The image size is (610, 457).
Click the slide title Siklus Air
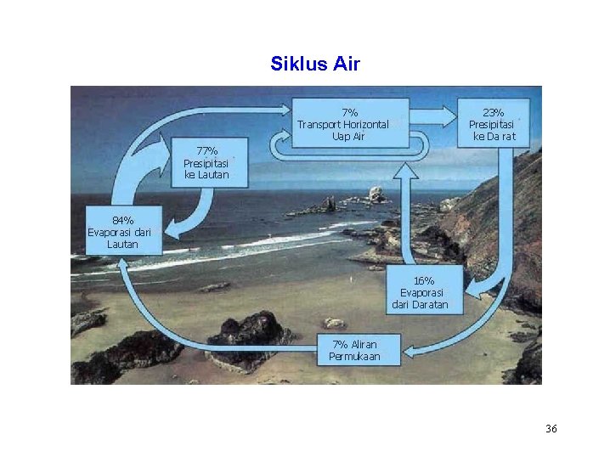click(x=315, y=64)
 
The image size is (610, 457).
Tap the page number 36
click(x=551, y=429)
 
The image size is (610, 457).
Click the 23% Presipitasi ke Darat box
click(x=493, y=124)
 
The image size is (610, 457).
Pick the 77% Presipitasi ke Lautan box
click(x=206, y=162)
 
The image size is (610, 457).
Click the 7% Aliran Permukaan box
click(x=354, y=350)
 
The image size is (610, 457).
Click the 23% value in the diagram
click(x=493, y=112)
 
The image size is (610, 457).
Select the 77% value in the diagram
click(x=206, y=150)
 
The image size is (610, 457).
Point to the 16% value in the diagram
click(x=424, y=280)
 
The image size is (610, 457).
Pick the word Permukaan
click(x=354, y=357)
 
